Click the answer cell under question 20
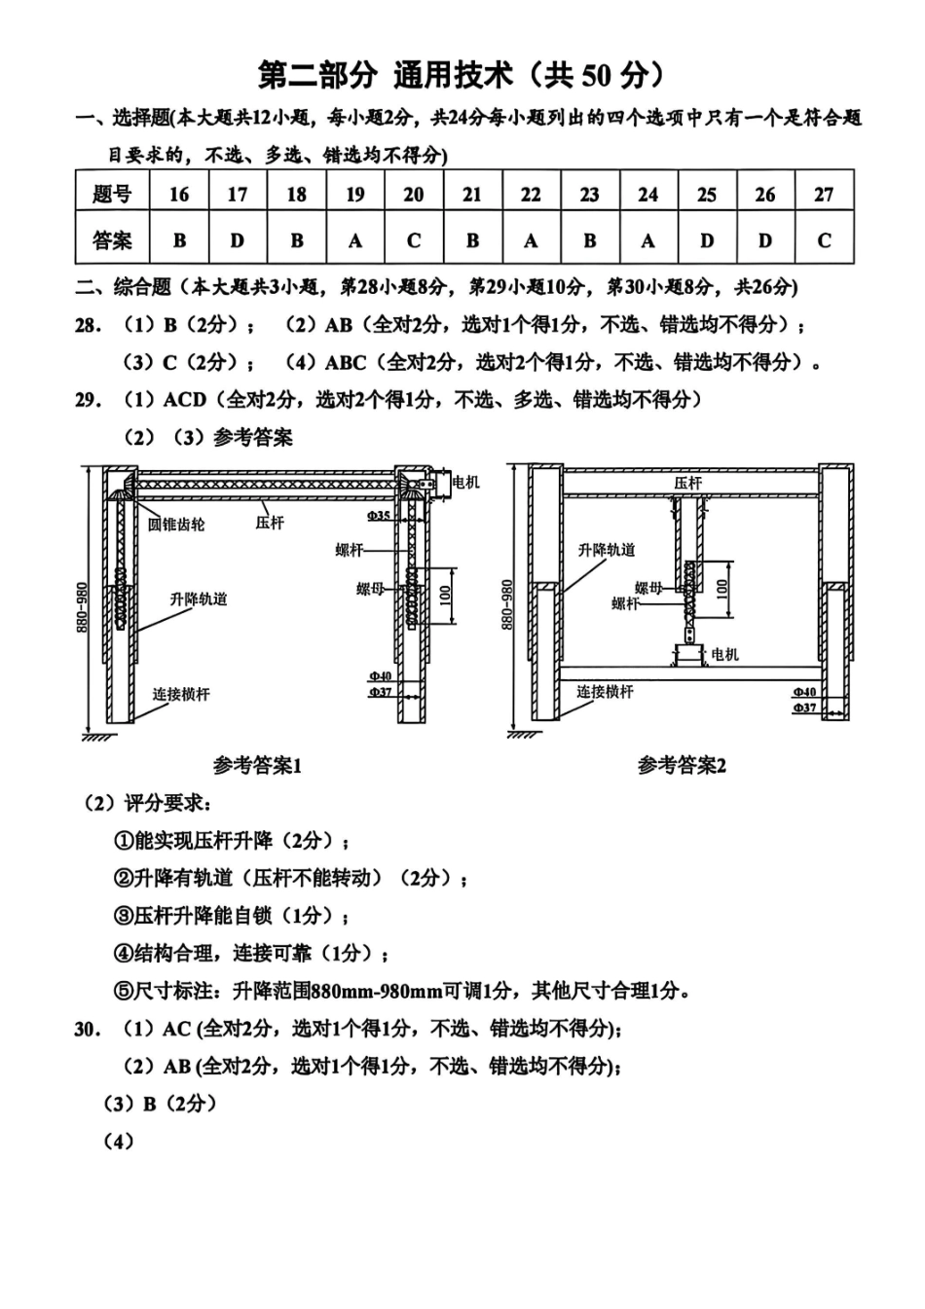pos(414,240)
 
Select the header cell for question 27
pos(824,194)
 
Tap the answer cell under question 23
pos(589,240)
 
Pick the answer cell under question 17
pos(238,240)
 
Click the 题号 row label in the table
pos(112,194)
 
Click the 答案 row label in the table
pos(112,240)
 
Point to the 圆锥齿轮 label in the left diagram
pos(176,525)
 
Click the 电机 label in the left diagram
pos(466,482)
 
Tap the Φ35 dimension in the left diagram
pos(379,515)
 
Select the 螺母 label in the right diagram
pos(648,587)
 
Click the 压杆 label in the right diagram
pos(687,483)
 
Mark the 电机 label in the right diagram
pos(724,654)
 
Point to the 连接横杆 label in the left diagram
pos(181,694)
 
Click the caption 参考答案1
pos(257,766)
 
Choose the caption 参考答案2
pos(682,766)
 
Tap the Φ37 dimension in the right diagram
pos(804,708)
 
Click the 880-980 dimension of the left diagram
pos(83,608)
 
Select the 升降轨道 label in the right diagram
pos(607,550)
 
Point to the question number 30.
pos(87,1029)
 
